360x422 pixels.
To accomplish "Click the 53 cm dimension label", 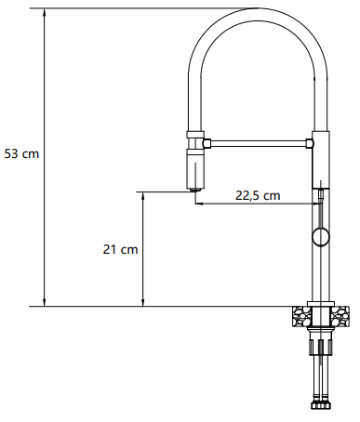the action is tap(21, 153).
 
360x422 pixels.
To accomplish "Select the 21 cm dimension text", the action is tap(120, 249).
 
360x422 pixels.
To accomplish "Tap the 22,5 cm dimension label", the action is tap(258, 195).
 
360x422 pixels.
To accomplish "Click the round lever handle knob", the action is tap(321, 238).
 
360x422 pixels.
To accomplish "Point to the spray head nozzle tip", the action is tap(195, 190).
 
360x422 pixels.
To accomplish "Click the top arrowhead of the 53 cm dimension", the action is tap(45, 12).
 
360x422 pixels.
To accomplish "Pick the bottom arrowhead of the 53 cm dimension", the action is tap(45, 303).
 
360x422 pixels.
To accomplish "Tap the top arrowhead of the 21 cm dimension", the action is tap(143, 195).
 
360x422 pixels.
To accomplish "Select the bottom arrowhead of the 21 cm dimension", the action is tap(143, 303).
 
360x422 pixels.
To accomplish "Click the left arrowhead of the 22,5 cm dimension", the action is tap(199, 204).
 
